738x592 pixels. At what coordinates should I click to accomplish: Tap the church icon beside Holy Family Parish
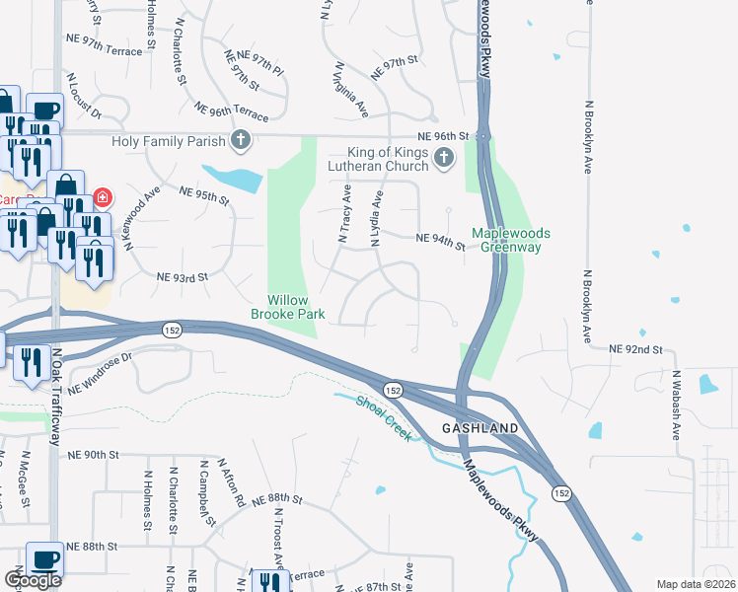click(240, 141)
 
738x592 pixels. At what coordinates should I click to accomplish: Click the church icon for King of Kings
click(444, 156)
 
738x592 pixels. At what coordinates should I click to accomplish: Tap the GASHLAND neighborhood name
click(480, 428)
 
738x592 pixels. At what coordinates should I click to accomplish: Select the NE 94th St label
click(440, 240)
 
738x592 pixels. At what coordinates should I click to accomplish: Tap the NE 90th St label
click(94, 455)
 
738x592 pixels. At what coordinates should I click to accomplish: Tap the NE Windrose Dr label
click(101, 370)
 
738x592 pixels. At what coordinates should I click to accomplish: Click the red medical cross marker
click(103, 199)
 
